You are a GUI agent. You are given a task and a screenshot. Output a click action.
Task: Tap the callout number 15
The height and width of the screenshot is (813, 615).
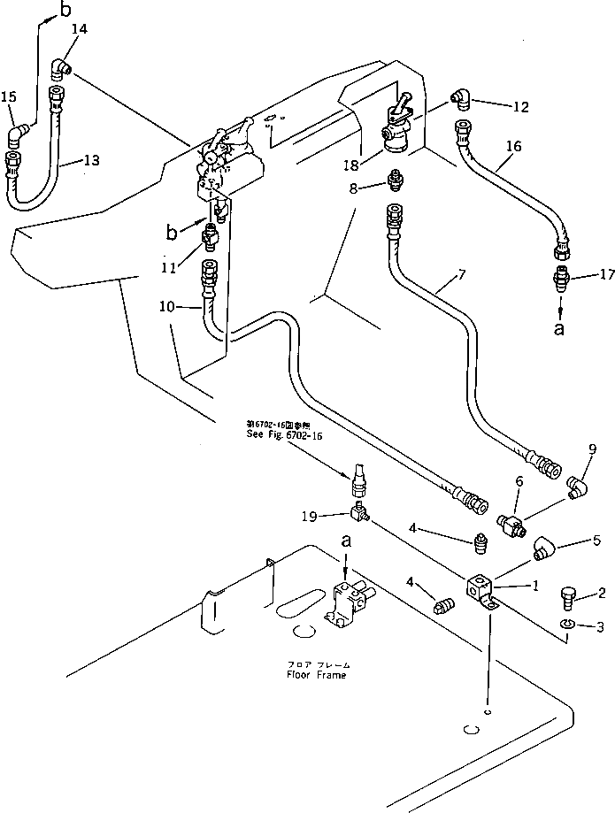click(9, 96)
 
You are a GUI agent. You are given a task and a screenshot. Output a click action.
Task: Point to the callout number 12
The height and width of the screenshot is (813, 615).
click(520, 107)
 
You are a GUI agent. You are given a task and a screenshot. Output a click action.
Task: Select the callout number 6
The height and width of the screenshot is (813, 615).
click(519, 480)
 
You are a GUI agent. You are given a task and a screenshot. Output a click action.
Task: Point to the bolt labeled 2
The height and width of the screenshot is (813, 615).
click(567, 602)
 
